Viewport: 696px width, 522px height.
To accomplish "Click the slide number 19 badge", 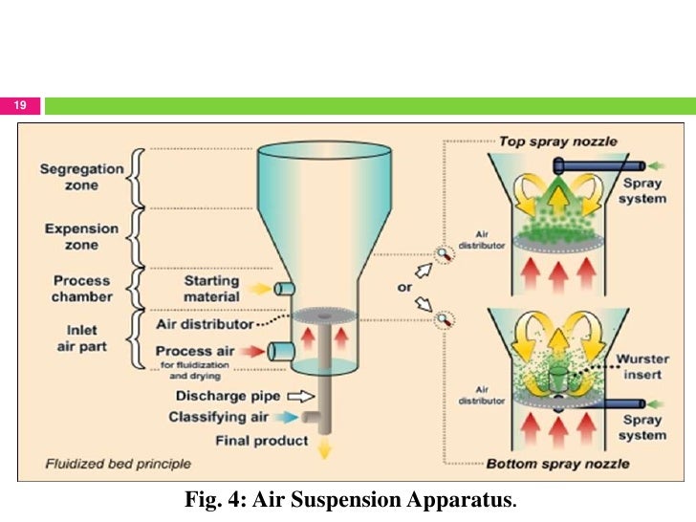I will (x=20, y=106).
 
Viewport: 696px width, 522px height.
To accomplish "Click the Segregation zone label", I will (x=81, y=177).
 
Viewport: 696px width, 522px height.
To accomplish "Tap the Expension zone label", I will (x=81, y=236).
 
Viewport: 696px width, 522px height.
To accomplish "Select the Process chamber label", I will (x=81, y=288).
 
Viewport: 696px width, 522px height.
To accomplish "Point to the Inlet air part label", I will (x=81, y=339).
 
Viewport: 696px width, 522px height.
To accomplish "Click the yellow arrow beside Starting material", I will (x=259, y=288).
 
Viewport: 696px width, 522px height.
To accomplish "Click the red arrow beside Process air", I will (x=253, y=351).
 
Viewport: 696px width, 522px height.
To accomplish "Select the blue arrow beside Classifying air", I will (x=288, y=417).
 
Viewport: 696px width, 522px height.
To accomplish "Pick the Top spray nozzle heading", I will (x=558, y=141).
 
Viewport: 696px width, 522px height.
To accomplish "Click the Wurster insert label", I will (x=642, y=366).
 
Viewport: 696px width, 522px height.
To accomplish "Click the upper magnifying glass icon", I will (x=444, y=254).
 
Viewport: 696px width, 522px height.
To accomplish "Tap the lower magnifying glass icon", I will (x=444, y=318).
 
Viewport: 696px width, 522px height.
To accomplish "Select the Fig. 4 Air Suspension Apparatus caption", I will (x=354, y=499).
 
